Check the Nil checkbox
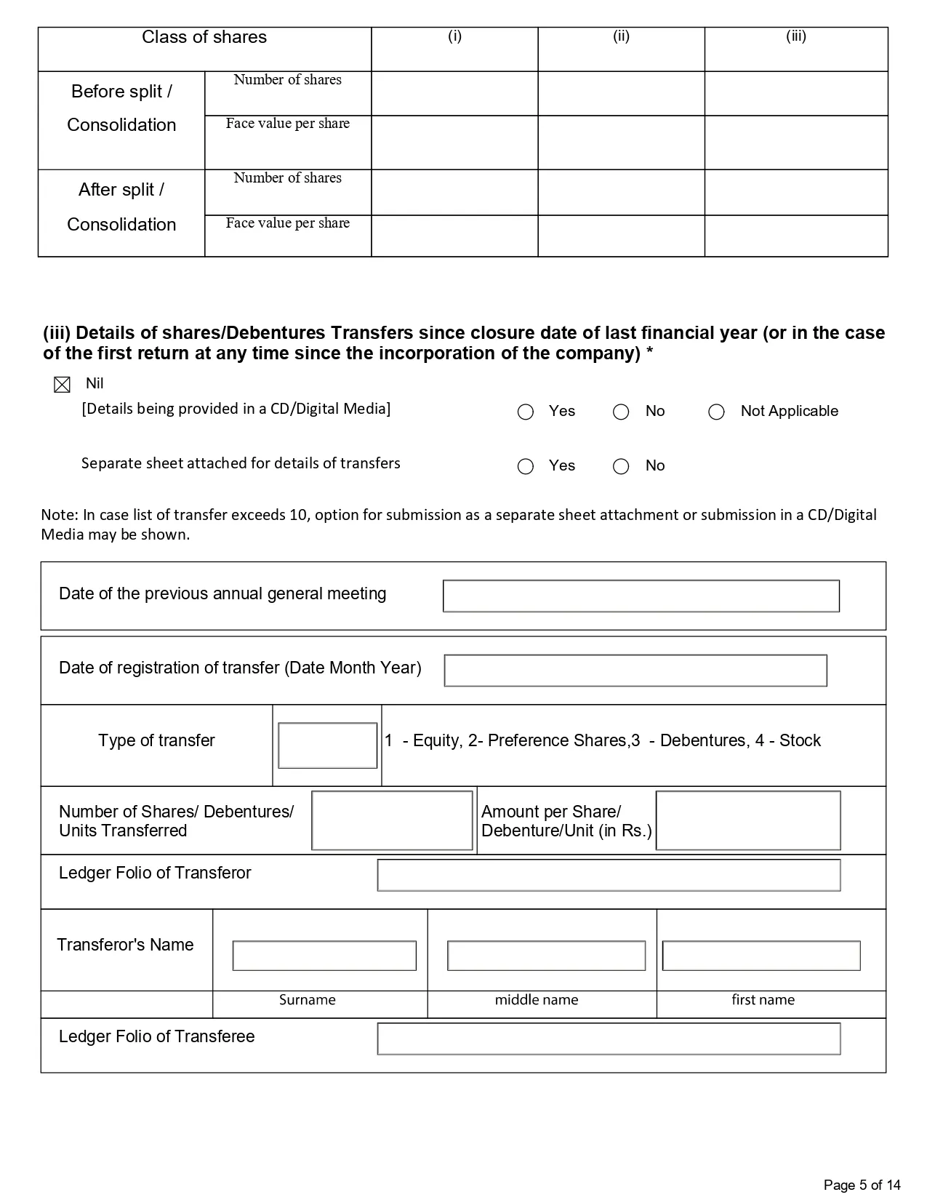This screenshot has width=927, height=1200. (63, 385)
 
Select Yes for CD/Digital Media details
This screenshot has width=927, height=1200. (526, 412)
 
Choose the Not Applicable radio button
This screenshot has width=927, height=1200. (716, 412)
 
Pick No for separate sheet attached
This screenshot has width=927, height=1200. (621, 467)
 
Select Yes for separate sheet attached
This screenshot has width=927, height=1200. (526, 467)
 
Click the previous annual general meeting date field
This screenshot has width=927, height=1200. (641, 596)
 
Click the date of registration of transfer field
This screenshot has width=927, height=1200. (635, 671)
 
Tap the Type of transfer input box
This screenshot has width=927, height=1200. (327, 745)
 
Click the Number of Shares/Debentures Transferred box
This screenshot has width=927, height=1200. (392, 820)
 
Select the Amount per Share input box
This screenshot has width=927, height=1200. (747, 820)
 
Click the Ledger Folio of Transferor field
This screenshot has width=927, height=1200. (609, 875)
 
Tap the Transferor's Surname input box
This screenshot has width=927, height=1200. (324, 956)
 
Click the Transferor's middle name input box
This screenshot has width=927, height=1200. (546, 956)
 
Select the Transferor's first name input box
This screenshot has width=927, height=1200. (761, 956)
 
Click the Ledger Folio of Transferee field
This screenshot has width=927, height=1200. (609, 1039)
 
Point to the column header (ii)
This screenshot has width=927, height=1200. (621, 36)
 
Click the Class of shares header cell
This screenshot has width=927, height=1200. (204, 38)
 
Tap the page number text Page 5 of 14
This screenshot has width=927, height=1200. (862, 1185)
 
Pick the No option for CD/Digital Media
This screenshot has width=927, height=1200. (621, 412)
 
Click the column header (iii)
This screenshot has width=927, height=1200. (795, 36)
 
